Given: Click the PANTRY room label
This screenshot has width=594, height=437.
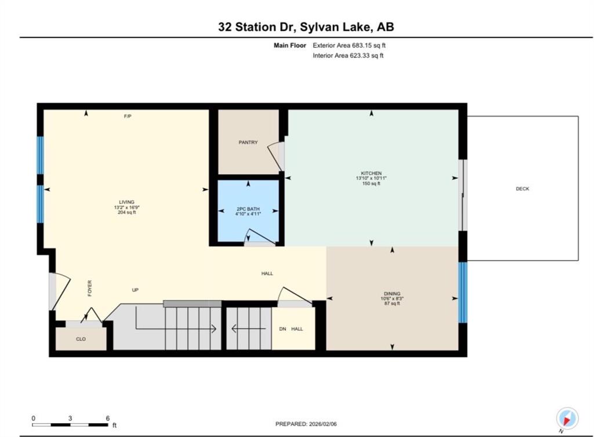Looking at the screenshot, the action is tap(248, 143).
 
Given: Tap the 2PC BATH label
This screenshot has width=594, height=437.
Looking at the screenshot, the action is tap(248, 209).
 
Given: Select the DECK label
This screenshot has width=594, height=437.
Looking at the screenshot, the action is tap(523, 189).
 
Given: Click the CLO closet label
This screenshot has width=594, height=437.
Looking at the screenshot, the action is tap(81, 340).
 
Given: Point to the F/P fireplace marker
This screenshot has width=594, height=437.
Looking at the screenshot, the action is tap(128, 116).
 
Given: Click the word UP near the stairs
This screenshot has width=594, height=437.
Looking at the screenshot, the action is tap(135, 290).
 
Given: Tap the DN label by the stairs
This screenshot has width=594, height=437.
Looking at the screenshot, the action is tap(282, 329).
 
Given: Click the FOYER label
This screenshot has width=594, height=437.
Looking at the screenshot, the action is tap(90, 288).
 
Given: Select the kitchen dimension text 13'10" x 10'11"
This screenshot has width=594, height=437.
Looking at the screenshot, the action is tap(371, 178).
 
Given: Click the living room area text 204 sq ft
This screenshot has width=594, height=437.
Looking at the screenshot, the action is tap(127, 212).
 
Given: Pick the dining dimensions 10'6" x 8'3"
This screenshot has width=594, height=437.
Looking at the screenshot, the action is tap(392, 298).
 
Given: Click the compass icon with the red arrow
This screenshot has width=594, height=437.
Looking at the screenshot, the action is tap(567, 418).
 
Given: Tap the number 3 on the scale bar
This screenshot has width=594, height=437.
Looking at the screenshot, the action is tap(70, 418).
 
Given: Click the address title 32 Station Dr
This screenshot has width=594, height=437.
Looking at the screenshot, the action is tap(258, 27).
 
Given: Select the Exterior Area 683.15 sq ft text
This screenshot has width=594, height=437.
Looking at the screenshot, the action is tap(349, 45).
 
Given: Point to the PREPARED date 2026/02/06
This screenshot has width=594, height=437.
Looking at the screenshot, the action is tap(323, 424).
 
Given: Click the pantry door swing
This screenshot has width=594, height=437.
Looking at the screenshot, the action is tap(276, 156).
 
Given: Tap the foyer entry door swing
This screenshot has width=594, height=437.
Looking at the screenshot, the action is tap(60, 291).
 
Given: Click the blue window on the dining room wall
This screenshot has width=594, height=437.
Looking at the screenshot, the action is tap(462, 292).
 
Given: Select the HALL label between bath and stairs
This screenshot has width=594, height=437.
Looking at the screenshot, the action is tap(267, 274).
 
